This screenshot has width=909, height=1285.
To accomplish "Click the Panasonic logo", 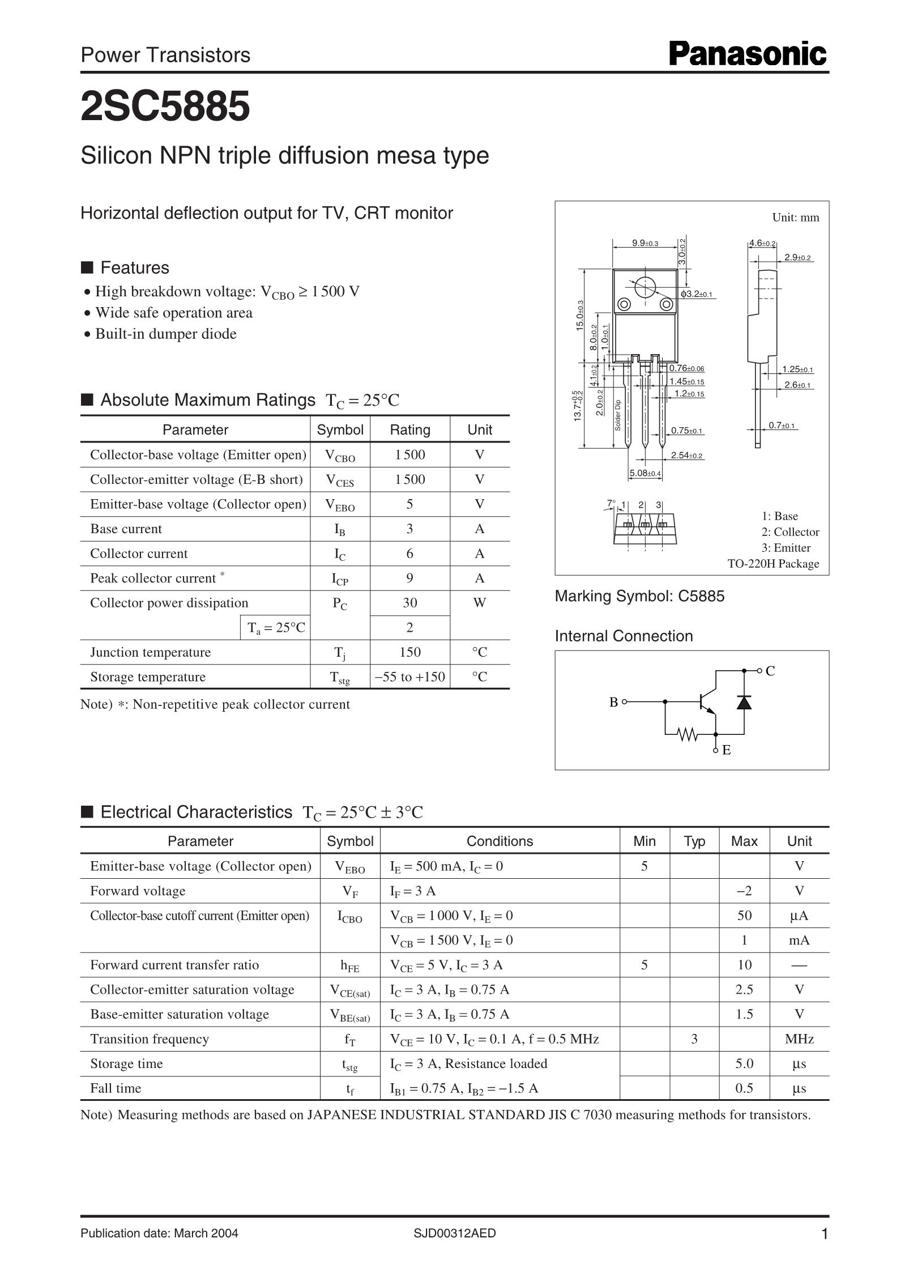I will [748, 55].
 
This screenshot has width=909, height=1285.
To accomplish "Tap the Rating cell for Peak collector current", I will [409, 578].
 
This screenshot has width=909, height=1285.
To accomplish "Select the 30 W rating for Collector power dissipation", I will [409, 603].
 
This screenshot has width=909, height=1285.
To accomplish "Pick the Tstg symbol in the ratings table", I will [340, 678].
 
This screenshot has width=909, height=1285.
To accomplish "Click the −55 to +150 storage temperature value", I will [409, 676].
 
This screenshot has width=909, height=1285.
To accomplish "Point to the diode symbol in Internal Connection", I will [744, 701].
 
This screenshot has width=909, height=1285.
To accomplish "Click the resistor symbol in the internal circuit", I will [688, 734].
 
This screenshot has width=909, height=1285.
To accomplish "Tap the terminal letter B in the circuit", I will [613, 702].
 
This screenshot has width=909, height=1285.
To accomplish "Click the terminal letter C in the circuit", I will [770, 671].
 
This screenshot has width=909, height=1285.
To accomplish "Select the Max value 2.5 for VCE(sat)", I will [744, 989].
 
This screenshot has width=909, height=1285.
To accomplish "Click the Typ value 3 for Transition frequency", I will [694, 1039].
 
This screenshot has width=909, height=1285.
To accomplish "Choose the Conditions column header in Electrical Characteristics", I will [500, 841].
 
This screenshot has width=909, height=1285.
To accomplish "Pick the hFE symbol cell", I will [349, 965].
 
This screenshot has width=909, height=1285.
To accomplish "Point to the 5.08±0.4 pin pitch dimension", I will [645, 473].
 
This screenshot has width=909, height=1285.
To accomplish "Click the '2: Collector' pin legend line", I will [790, 532].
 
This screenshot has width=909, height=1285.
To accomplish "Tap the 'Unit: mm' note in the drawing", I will [795, 218].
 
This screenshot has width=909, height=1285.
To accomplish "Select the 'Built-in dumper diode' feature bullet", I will [165, 334].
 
